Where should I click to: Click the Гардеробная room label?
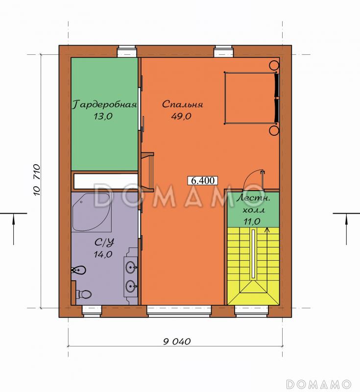(x=104, y=104)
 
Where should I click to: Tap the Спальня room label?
(x=182, y=104)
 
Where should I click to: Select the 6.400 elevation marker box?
(x=203, y=180)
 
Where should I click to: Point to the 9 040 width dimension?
(x=177, y=341)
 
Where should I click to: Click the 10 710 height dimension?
(x=36, y=179)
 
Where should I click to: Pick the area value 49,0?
(x=181, y=116)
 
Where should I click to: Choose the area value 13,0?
(x=103, y=116)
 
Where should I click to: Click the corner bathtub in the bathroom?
(x=92, y=212)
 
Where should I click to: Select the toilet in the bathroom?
(x=84, y=294)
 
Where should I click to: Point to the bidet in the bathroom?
(x=79, y=270)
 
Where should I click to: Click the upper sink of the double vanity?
(x=131, y=268)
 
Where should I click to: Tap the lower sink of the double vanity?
(x=131, y=286)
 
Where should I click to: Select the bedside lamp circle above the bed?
(x=274, y=65)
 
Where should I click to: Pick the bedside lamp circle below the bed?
(x=274, y=130)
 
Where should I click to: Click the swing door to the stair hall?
(x=254, y=179)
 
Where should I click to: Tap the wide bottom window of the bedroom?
(x=179, y=311)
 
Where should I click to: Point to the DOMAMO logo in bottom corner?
(x=319, y=384)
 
